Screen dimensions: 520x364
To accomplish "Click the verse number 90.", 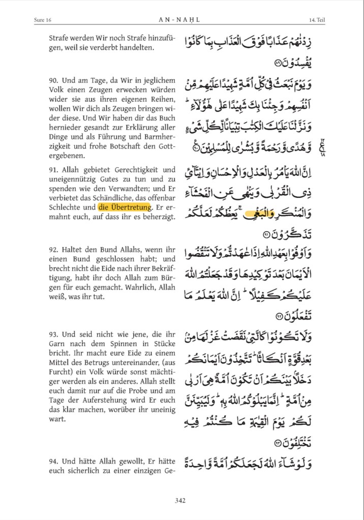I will pyautogui.click(x=55, y=81).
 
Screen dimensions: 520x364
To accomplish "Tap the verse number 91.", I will pyautogui.click(x=55, y=169).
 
